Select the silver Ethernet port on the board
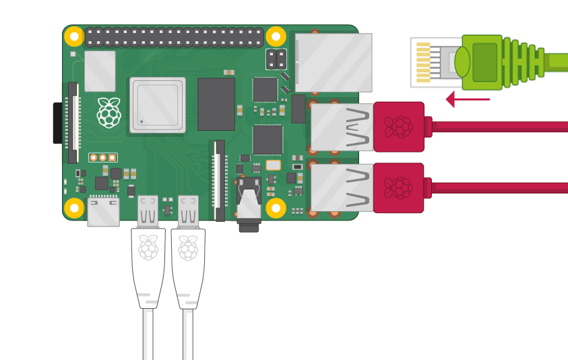334,62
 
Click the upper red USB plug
399,127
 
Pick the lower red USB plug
399,187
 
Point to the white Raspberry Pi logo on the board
108,113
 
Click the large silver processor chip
158,104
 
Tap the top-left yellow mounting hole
74,37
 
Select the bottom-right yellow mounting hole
276,207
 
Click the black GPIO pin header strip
175,37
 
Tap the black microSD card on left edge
57,123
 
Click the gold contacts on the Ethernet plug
423,63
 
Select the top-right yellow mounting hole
276,37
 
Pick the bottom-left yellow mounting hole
74,207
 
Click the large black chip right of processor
216,104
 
